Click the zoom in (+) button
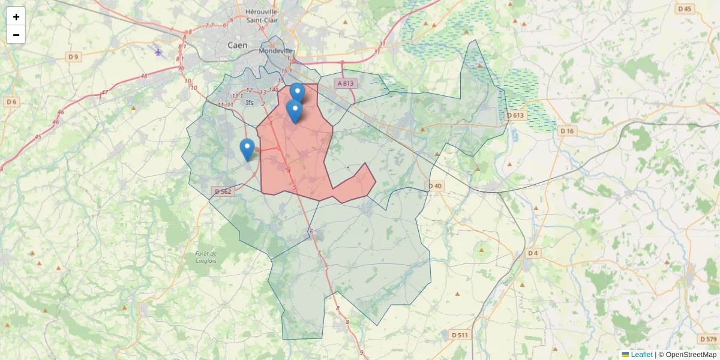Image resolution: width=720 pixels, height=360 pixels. point(16,17)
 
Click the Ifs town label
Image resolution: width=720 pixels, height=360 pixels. point(250,103)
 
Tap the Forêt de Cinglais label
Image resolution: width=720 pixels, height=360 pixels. point(206,257)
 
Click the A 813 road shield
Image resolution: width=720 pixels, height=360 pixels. point(346,84)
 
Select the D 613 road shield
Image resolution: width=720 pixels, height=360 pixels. point(515,115)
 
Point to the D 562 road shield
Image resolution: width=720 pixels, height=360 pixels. point(222,191)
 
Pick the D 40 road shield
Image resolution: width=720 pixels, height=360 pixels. point(435,186)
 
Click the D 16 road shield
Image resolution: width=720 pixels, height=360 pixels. point(566,131)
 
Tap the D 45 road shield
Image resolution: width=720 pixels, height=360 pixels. point(685,8)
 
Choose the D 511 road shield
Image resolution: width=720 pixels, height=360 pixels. point(459,335)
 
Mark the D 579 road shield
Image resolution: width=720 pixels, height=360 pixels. point(708,340)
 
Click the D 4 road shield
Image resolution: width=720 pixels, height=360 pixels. point(532,253)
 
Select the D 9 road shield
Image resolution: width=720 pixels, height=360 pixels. point(73,57)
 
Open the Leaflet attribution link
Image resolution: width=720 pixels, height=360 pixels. point(641,355)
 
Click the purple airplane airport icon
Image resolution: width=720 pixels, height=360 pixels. point(158,52)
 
